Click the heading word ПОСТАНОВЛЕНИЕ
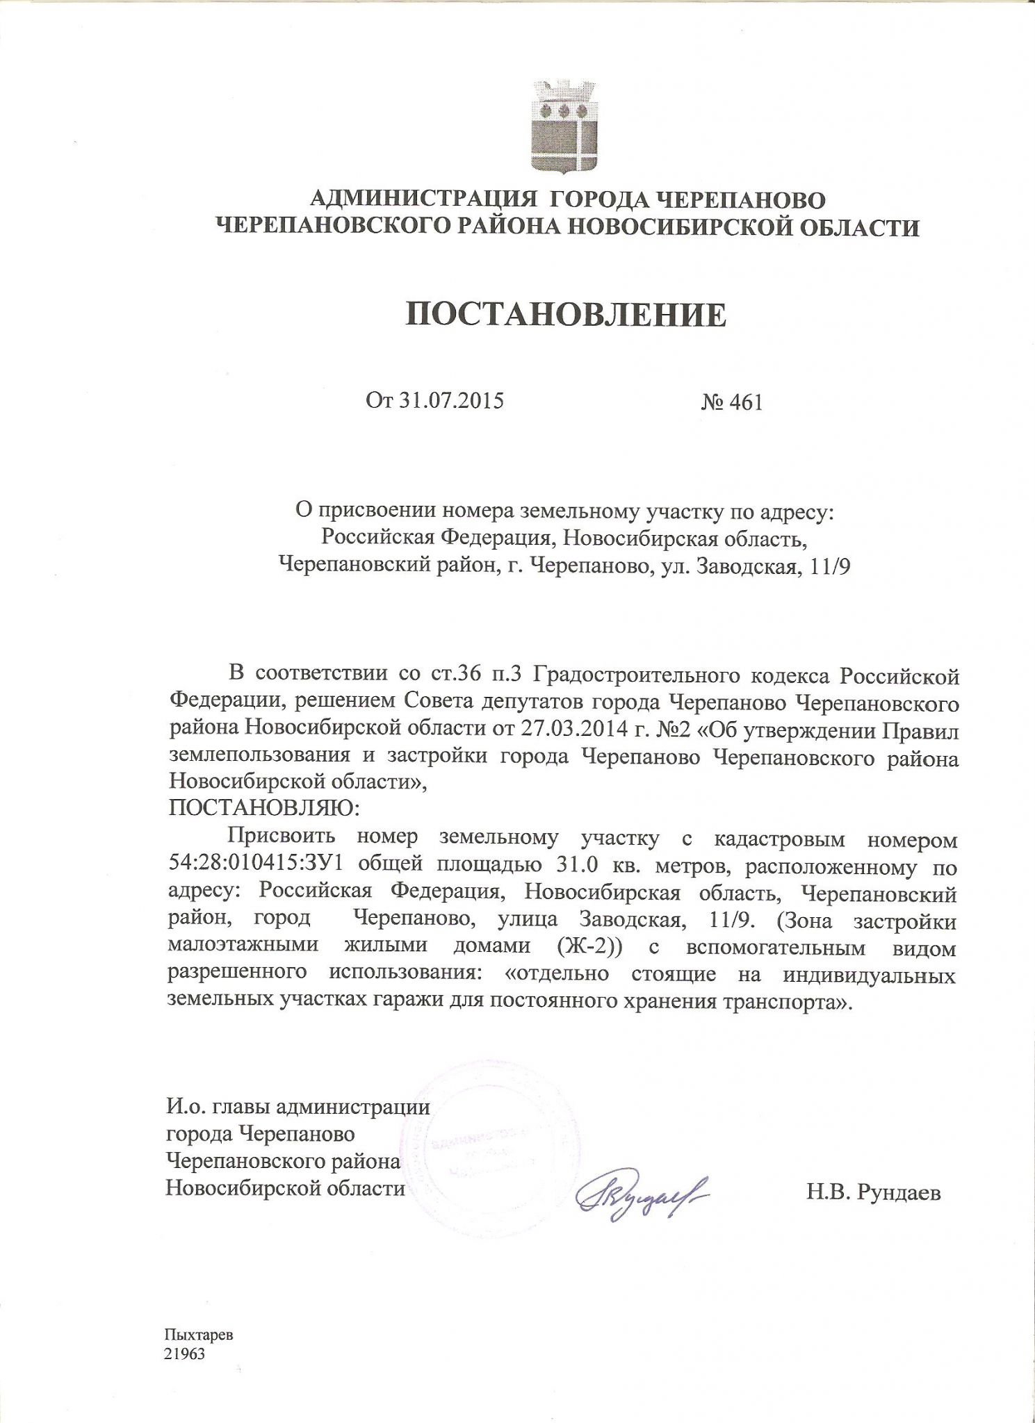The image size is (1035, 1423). click(566, 315)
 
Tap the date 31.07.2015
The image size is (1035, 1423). click(450, 401)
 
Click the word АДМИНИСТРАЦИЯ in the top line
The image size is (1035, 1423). click(424, 199)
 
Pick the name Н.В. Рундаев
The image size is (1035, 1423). click(874, 1193)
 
